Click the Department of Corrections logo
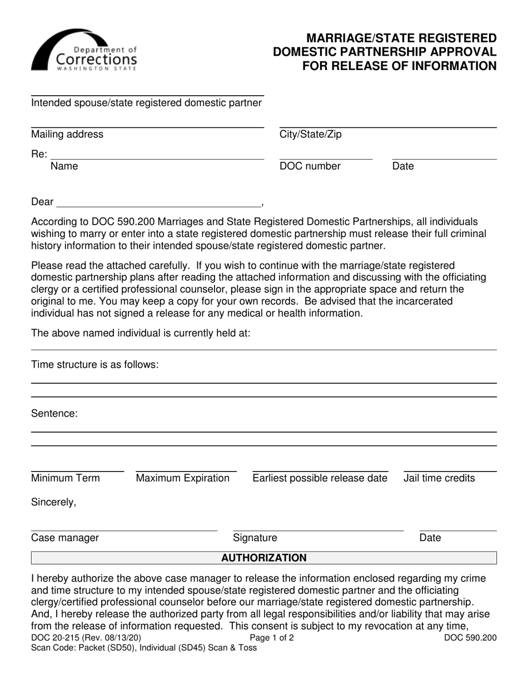[x=84, y=51]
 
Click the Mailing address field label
[x=67, y=135]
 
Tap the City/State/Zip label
[x=310, y=135]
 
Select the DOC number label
[x=310, y=166]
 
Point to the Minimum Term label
[x=66, y=478]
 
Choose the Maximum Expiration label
[x=183, y=478]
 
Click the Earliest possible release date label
[x=320, y=478]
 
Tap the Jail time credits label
[x=439, y=478]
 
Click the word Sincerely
[x=54, y=503]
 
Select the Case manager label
[x=65, y=538]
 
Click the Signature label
[x=255, y=538]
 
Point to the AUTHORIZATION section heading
[x=264, y=558]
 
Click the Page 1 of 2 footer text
[x=272, y=638]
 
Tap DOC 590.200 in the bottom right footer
[x=470, y=638]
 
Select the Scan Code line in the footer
[x=144, y=648]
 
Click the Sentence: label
[x=54, y=414]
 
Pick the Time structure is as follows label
[x=95, y=365]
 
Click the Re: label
[x=39, y=155]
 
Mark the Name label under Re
[x=64, y=166]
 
